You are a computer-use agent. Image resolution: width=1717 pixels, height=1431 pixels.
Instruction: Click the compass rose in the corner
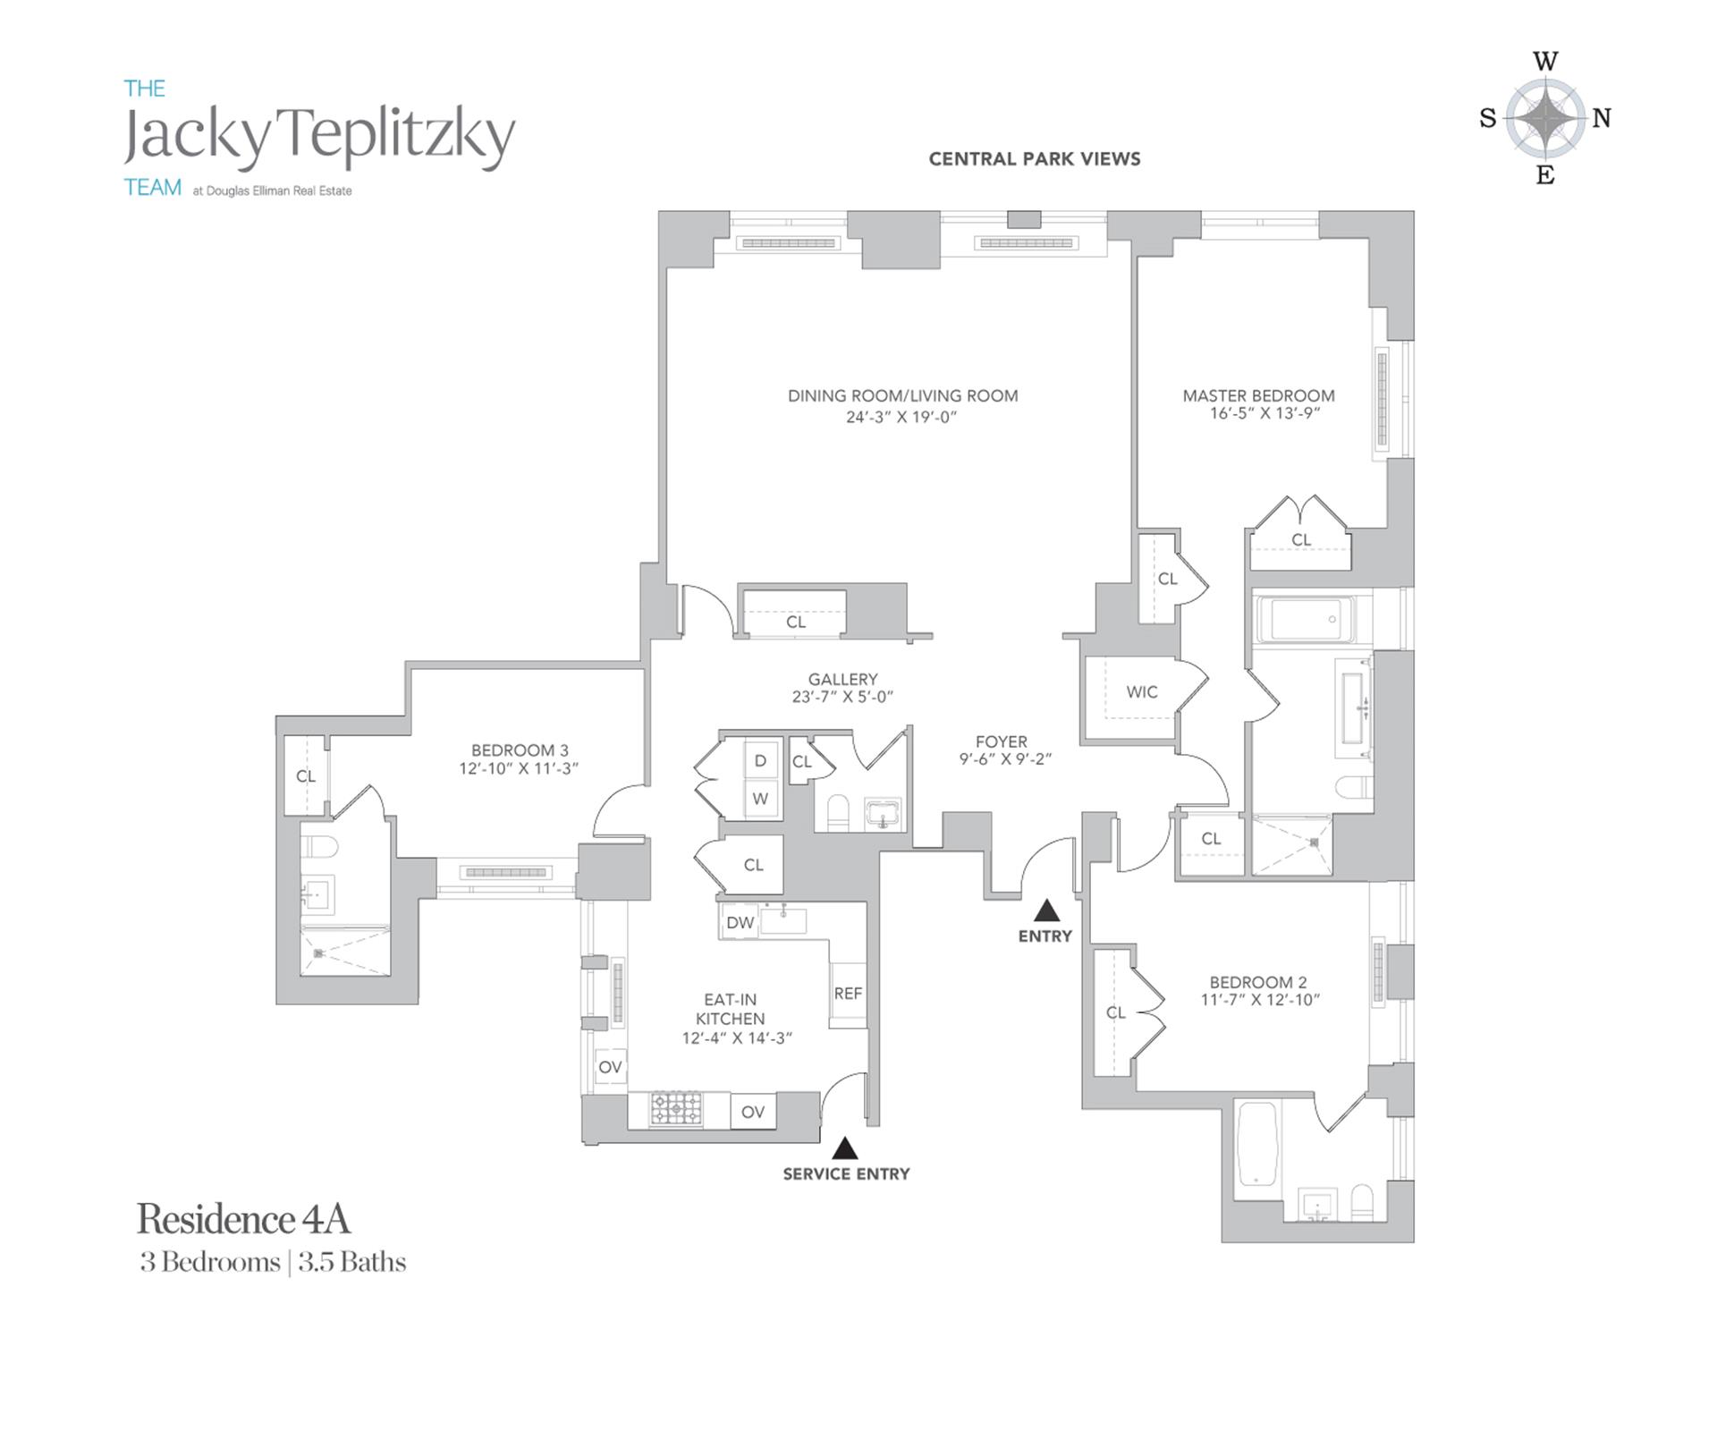point(1544,118)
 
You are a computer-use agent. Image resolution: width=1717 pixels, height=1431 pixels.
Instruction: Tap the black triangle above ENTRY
point(1046,911)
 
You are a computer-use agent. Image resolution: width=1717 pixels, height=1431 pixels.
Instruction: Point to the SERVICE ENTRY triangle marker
point(844,1147)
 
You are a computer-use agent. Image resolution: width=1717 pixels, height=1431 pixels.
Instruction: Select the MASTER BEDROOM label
point(1258,395)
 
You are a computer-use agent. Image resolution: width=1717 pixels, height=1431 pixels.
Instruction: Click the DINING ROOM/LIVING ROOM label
point(902,395)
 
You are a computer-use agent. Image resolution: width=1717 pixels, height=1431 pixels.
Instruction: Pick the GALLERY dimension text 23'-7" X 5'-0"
point(842,697)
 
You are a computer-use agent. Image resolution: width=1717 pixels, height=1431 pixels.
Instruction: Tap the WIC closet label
point(1141,691)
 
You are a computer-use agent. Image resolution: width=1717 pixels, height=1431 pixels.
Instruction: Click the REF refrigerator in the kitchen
point(848,993)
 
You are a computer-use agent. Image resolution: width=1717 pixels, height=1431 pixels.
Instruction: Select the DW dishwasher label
point(740,922)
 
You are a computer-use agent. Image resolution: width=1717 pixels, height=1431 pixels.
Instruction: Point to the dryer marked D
point(760,760)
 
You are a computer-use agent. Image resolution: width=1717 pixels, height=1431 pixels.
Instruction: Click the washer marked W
point(760,799)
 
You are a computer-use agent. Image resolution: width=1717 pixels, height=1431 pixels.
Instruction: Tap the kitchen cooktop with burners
point(676,1109)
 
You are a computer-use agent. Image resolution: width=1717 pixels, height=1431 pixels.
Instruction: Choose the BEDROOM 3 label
point(520,750)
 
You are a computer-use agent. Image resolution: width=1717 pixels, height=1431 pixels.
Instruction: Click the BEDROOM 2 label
point(1257,982)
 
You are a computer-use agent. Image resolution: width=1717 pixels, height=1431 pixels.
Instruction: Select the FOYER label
point(1002,741)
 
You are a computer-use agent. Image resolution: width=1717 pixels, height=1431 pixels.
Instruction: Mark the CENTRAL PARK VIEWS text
point(1035,159)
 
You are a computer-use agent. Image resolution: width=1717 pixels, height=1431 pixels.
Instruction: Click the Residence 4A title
point(243,1219)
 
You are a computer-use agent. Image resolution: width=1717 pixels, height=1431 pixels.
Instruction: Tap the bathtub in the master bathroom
point(1305,619)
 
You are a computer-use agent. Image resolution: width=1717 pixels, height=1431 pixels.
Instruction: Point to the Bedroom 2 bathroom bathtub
point(1257,1149)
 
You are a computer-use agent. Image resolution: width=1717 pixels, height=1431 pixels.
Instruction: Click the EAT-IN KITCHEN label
point(731,1009)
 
